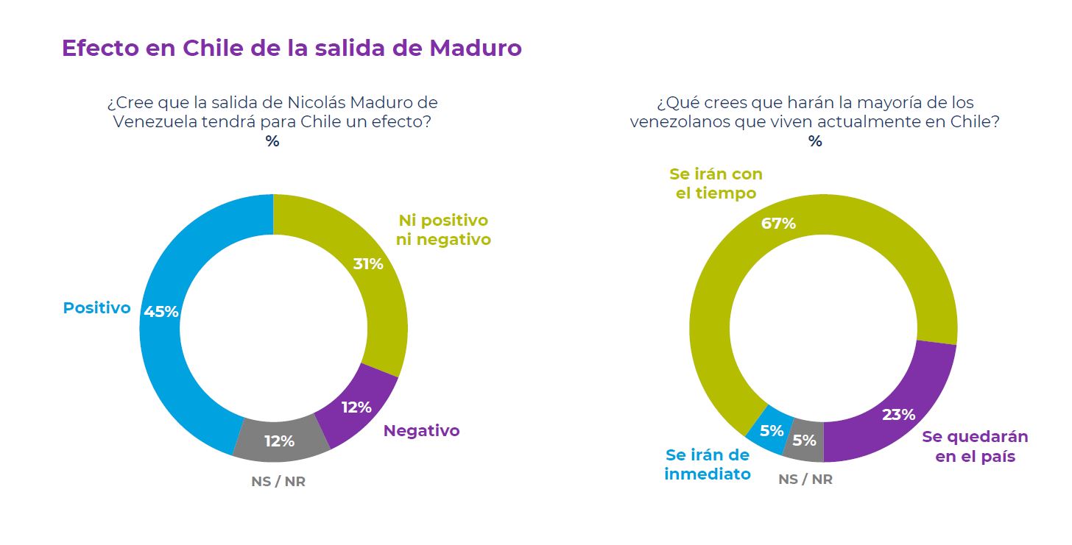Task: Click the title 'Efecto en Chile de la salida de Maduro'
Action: (x=292, y=48)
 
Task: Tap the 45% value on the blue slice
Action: (x=161, y=312)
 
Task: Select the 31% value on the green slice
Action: (x=368, y=264)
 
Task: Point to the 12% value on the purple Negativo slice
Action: (x=356, y=407)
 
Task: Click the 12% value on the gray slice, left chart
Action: (x=280, y=441)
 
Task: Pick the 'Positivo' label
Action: (x=96, y=308)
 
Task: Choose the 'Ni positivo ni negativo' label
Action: (x=444, y=229)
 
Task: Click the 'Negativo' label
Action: (x=421, y=431)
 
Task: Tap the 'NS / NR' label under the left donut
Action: (x=278, y=482)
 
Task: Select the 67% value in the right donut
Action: (x=778, y=224)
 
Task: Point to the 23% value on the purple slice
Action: (x=898, y=415)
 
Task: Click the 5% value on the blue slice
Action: (x=772, y=431)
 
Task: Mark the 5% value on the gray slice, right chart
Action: (x=805, y=441)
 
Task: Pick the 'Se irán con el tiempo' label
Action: (x=716, y=184)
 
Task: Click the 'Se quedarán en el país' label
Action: (x=975, y=446)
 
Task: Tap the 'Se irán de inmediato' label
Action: (x=708, y=464)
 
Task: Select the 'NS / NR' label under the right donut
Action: (x=805, y=480)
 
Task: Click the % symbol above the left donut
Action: (x=272, y=142)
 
